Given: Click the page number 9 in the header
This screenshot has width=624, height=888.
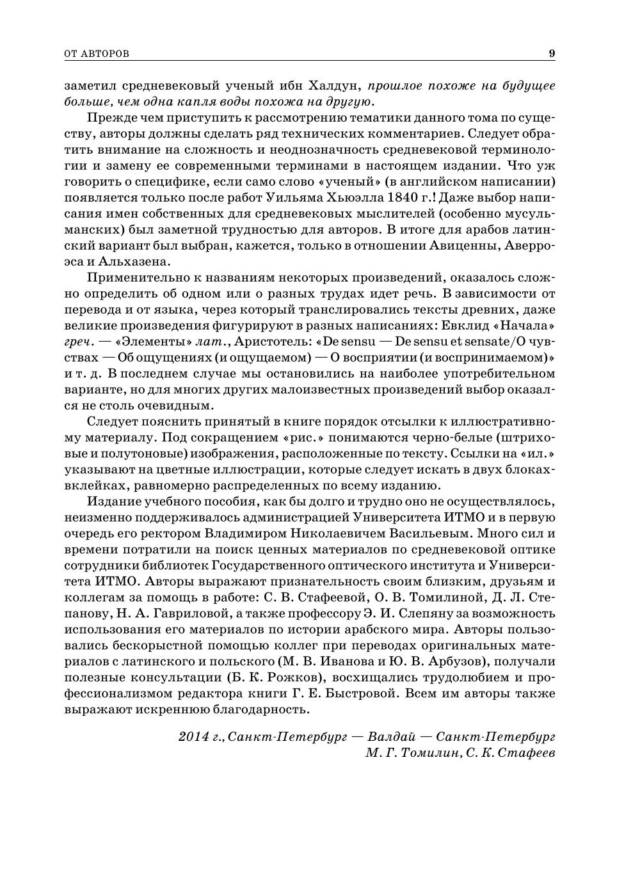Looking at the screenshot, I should point(552,54).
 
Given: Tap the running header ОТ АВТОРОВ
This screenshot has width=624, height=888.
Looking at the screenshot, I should point(97,54).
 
